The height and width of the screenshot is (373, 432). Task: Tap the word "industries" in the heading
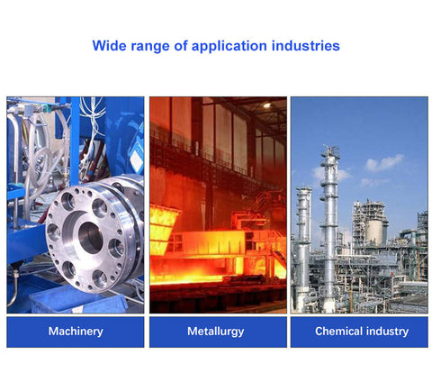coord(306,46)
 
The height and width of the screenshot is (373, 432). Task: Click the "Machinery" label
coord(76,332)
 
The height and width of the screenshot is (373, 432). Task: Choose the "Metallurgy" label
coord(216,332)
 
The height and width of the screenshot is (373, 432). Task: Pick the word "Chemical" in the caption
coord(338,331)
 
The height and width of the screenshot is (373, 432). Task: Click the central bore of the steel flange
coord(91,238)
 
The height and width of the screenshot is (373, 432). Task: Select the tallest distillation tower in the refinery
coord(329,228)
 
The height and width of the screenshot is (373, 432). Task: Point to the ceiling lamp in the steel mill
coord(266,105)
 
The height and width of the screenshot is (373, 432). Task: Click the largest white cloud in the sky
coord(384,162)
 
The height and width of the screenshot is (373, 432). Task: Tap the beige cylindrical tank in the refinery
coord(374,232)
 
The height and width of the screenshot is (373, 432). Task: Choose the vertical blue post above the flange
coord(75,141)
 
